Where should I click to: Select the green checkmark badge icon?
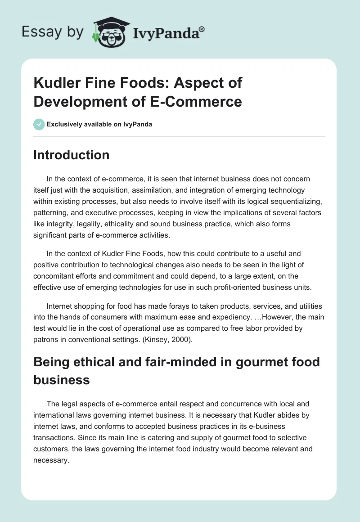39,124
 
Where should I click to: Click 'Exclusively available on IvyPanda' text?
99,124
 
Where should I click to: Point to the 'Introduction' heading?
72,155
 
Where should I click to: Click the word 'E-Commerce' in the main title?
194,101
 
